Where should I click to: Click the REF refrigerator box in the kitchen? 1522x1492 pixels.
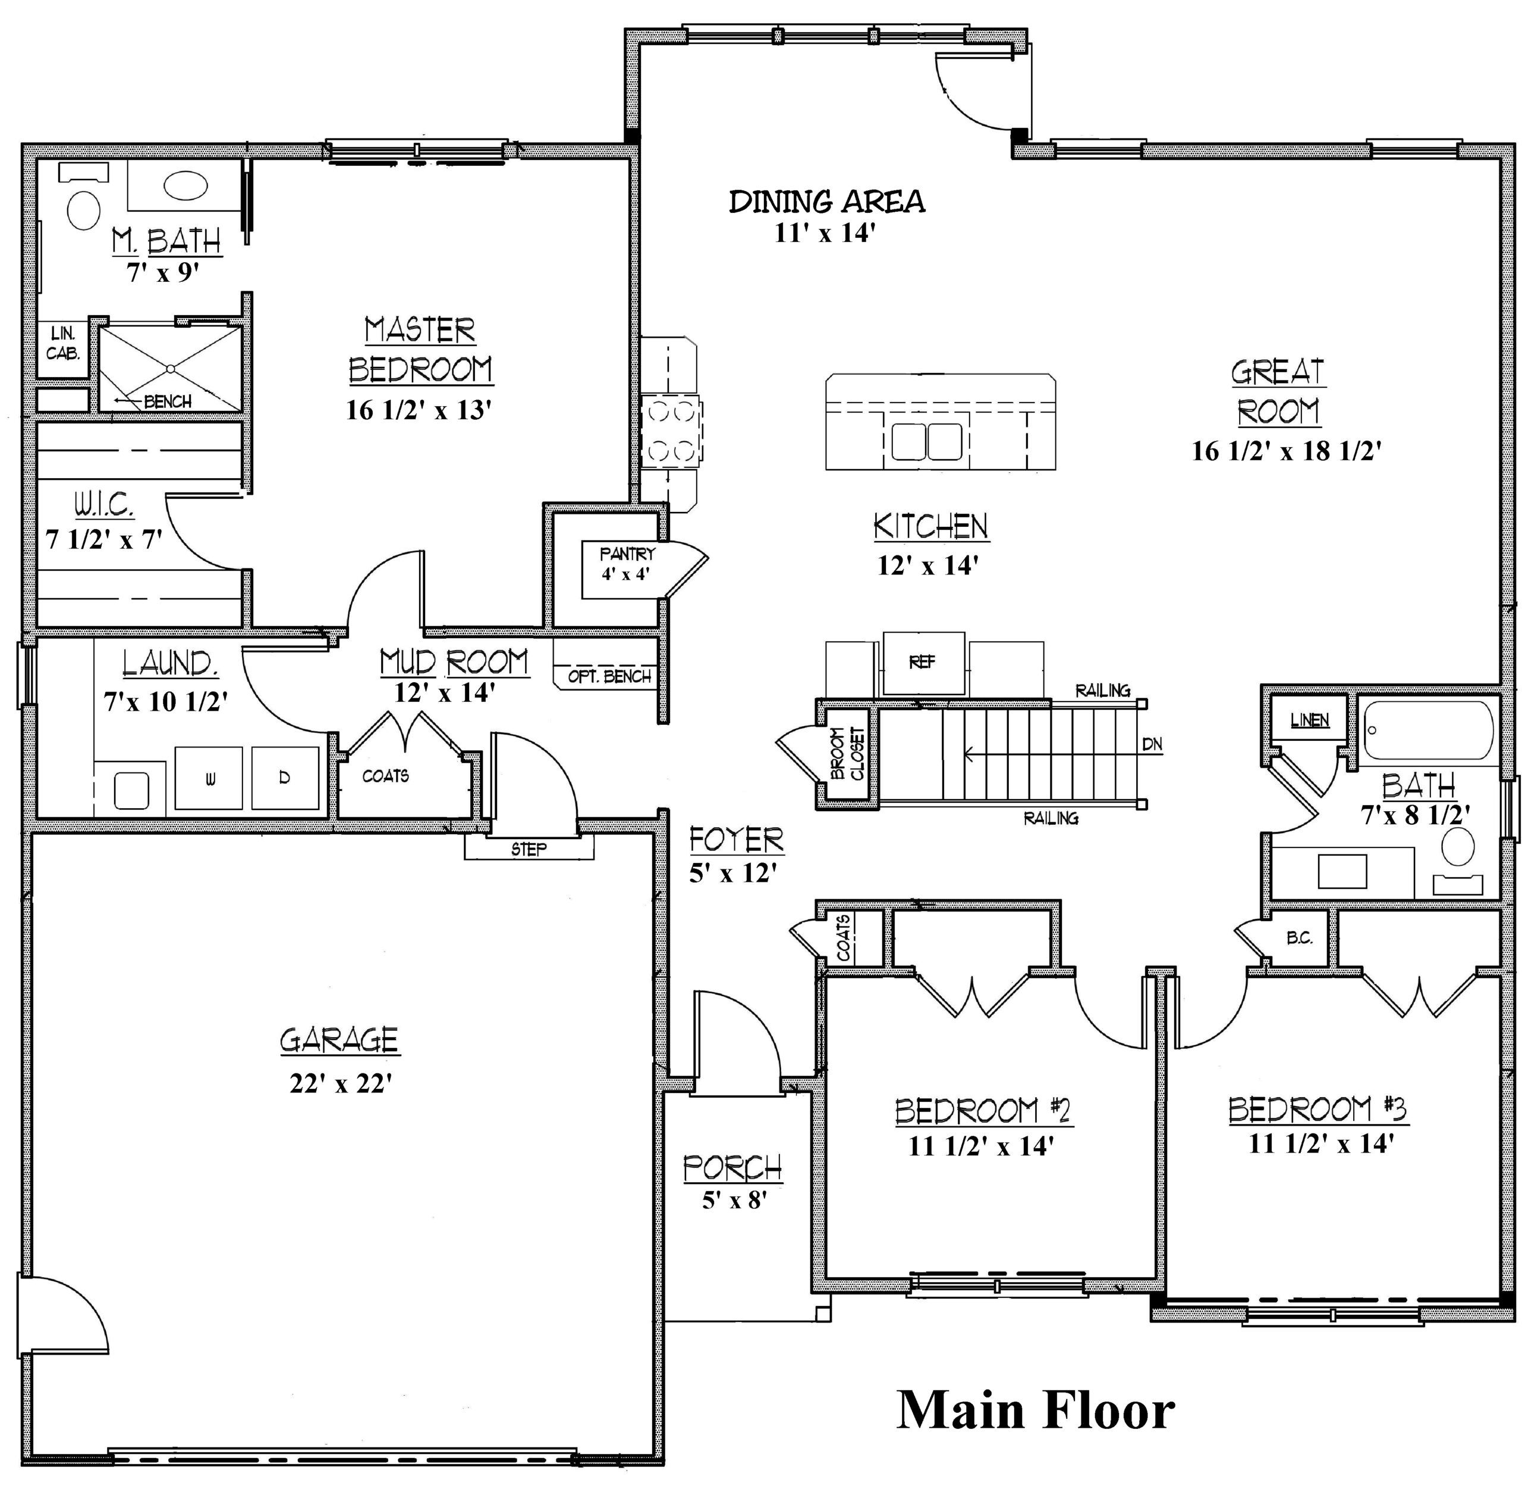pyautogui.click(x=923, y=663)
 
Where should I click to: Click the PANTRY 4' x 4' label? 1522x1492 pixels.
pyautogui.click(x=627, y=563)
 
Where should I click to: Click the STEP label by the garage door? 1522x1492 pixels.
pyautogui.click(x=529, y=849)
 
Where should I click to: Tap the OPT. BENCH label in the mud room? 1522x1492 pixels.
pyautogui.click(x=609, y=676)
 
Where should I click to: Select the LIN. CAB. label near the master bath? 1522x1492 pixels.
pyautogui.click(x=62, y=343)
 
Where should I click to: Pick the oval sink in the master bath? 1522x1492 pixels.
pyautogui.click(x=185, y=187)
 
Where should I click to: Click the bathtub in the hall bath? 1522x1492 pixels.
pyautogui.click(x=1427, y=730)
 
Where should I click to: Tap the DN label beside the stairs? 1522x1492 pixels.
pyautogui.click(x=1152, y=745)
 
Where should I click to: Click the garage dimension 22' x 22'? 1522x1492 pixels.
pyautogui.click(x=340, y=1083)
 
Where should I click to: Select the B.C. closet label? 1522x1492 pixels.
pyautogui.click(x=1300, y=938)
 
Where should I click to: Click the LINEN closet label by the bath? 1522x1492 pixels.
pyautogui.click(x=1310, y=720)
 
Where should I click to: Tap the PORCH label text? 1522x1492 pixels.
pyautogui.click(x=732, y=1167)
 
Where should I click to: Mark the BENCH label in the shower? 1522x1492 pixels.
pyautogui.click(x=168, y=402)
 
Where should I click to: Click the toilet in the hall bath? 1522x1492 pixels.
pyautogui.click(x=1458, y=860)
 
